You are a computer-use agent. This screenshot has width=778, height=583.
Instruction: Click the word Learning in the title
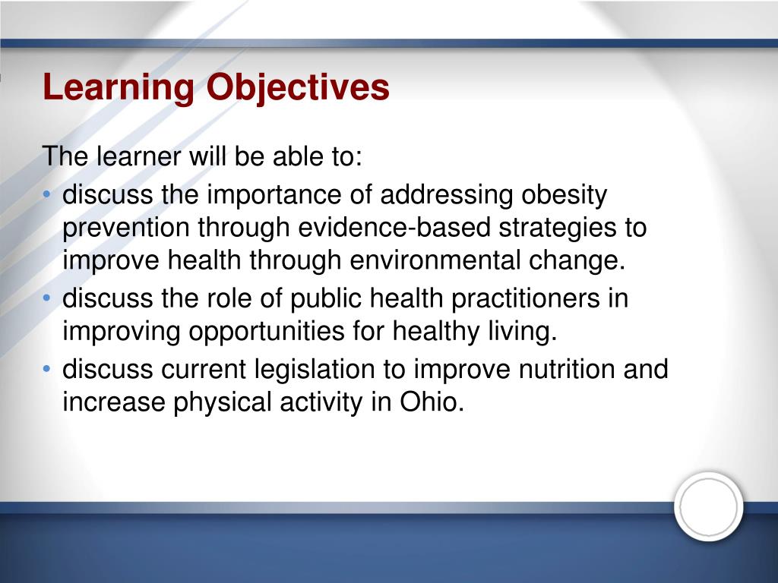tap(118, 88)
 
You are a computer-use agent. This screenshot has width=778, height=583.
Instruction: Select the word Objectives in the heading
tap(298, 88)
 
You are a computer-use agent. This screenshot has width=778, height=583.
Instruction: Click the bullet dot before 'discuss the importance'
tap(49, 196)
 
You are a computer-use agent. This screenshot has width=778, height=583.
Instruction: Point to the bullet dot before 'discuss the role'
tap(49, 298)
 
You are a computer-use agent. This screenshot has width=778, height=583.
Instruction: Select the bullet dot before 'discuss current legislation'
tap(49, 370)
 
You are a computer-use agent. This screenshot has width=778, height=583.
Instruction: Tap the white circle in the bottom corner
tap(708, 506)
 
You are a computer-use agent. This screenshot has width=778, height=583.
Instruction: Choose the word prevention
tap(126, 228)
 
